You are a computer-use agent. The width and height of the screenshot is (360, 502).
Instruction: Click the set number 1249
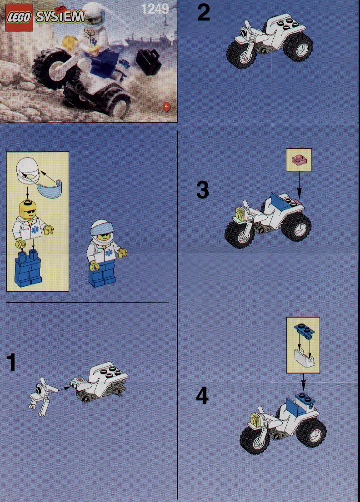coord(155,9)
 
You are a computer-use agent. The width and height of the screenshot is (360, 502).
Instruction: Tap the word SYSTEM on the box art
coord(60,16)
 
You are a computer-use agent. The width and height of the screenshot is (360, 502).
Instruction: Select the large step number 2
coord(204,12)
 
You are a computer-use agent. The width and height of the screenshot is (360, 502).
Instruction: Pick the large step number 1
coord(11,362)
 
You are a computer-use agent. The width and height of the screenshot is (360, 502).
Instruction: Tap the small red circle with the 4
coord(166,106)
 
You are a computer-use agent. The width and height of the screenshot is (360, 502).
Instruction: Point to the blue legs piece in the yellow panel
coord(28,268)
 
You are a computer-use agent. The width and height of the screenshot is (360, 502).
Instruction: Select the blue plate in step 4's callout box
coord(303,330)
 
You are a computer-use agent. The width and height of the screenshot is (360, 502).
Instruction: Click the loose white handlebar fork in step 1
coord(43,396)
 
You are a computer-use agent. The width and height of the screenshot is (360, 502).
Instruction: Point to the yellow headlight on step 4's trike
coord(255,418)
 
